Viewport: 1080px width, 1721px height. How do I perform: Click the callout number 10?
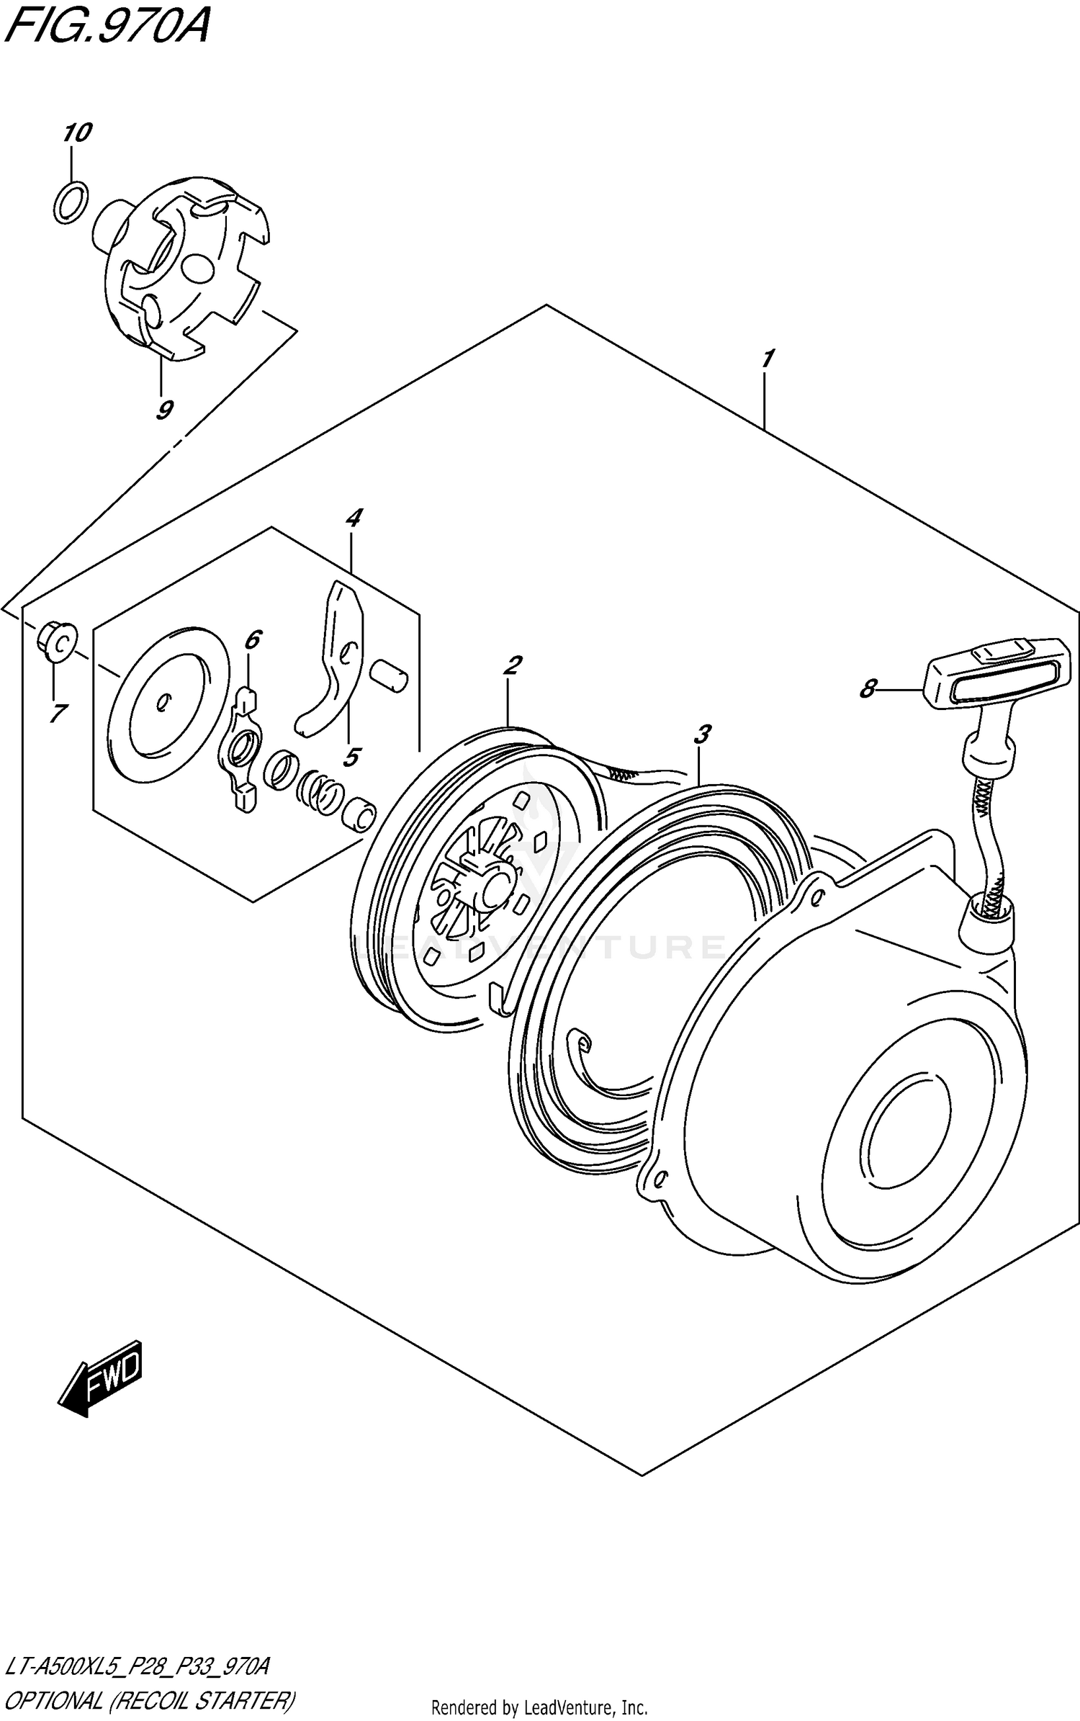pyautogui.click(x=78, y=133)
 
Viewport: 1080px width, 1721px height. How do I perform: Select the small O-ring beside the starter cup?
pyautogui.click(x=71, y=202)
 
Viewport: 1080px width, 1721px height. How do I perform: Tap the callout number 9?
pyautogui.click(x=163, y=410)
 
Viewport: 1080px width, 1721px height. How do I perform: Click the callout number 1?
pyautogui.click(x=768, y=359)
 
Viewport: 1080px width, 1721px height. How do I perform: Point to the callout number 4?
pyautogui.click(x=353, y=518)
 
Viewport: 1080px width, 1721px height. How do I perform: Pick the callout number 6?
pyautogui.click(x=252, y=639)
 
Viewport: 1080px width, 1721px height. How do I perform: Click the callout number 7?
pyautogui.click(x=58, y=714)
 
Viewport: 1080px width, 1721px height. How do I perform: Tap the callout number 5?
pyautogui.click(x=351, y=757)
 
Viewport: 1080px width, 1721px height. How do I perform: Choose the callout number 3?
pyautogui.click(x=701, y=735)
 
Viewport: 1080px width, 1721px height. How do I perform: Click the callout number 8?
pyautogui.click(x=868, y=689)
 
